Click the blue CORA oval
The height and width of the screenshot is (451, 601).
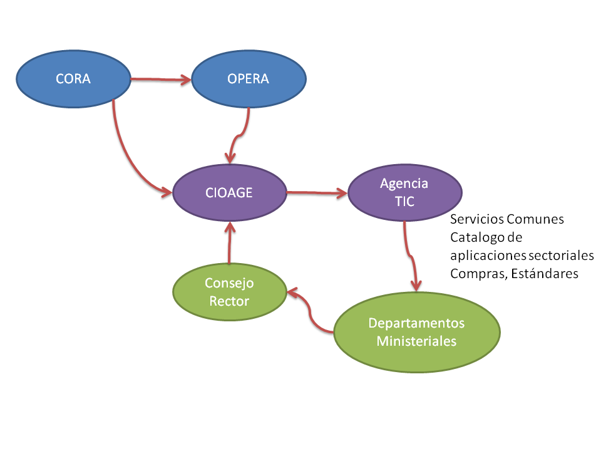click(x=73, y=79)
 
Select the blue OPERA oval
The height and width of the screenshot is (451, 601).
click(x=249, y=79)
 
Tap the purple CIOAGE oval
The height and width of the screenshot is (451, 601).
click(x=229, y=193)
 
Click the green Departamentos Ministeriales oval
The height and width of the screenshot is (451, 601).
click(x=416, y=332)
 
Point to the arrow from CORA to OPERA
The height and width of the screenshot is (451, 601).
click(x=160, y=80)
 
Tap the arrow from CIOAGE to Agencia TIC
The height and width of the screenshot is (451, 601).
click(x=316, y=193)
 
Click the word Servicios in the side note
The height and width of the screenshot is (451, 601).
click(x=476, y=220)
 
